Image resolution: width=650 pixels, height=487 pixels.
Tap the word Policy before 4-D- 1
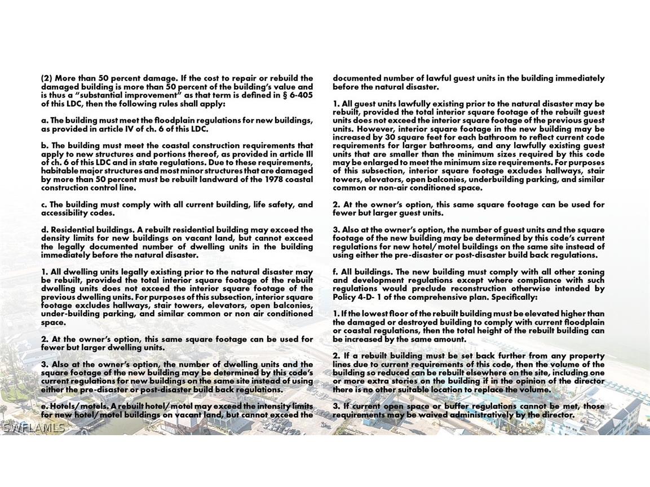[345, 297]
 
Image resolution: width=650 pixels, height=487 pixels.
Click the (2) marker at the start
[46, 78]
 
